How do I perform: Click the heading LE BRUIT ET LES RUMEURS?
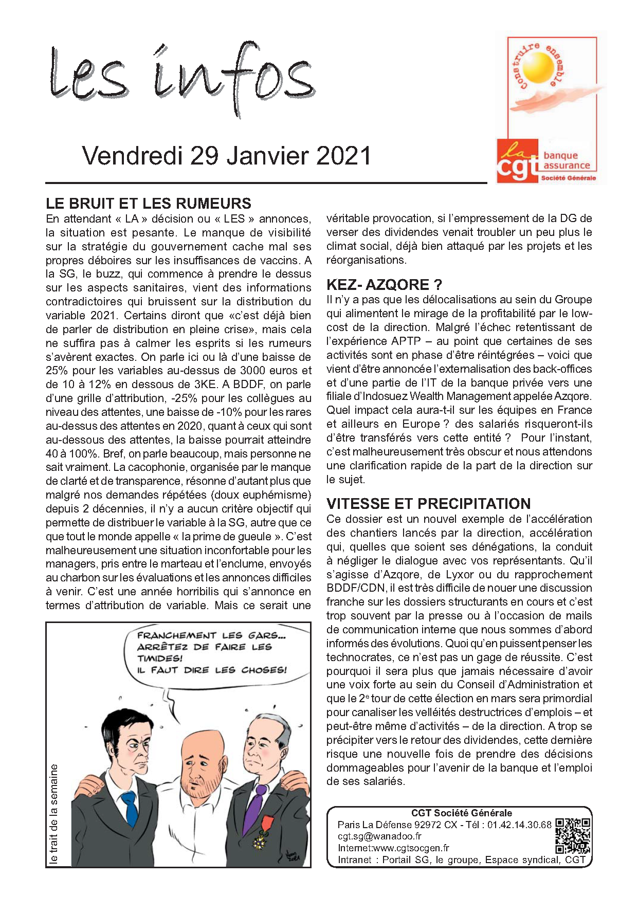[x=149, y=204]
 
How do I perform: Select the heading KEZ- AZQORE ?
[x=384, y=285]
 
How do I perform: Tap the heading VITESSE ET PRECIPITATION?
[x=429, y=504]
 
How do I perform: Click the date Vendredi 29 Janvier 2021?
[x=226, y=156]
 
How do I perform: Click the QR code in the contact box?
[x=572, y=835]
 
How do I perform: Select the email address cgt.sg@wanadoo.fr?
[x=379, y=836]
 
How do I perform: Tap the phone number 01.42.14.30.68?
[x=519, y=825]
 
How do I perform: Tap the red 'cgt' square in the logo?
[x=517, y=161]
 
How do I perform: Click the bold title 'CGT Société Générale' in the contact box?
[x=462, y=813]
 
